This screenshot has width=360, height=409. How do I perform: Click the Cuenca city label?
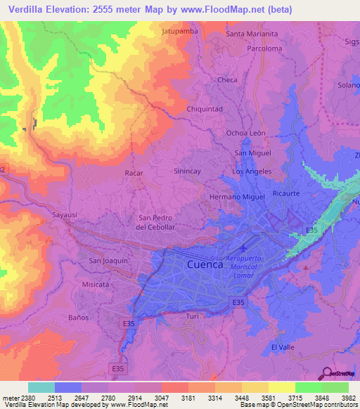206,264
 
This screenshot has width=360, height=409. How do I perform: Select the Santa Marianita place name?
252,34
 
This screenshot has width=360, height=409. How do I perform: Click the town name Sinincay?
188,171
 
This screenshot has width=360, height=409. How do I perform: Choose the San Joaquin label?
108,260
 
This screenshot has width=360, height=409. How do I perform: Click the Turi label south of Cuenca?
193,317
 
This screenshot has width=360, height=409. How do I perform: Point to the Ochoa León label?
245,133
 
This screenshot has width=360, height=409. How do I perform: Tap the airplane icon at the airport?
243,248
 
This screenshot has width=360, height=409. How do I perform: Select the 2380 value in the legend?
18,397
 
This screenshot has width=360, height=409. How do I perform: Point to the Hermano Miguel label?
237,197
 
